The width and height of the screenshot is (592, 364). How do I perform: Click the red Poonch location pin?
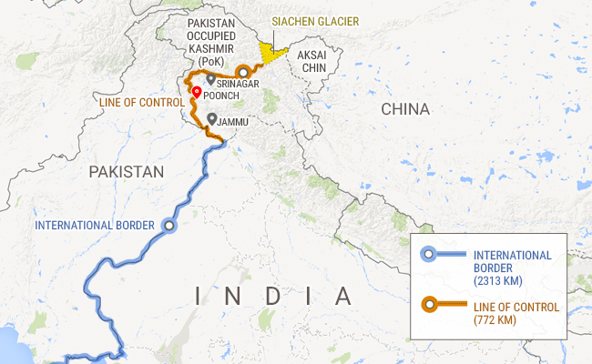[x=197, y=92]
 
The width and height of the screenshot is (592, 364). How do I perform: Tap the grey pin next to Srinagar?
[x=211, y=80]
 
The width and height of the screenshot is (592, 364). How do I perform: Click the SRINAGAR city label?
[x=239, y=84]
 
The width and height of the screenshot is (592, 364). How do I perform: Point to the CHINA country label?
[x=404, y=109]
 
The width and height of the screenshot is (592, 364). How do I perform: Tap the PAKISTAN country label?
[x=127, y=171]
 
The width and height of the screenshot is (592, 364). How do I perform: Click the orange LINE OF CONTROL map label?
[x=140, y=103]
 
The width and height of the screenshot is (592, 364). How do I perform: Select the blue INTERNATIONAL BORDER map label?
[x=94, y=225]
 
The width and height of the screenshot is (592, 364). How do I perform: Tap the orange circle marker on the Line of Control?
[x=243, y=71]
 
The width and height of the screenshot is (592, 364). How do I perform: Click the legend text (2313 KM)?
[x=498, y=282]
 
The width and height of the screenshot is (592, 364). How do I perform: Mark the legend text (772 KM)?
[x=495, y=321]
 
